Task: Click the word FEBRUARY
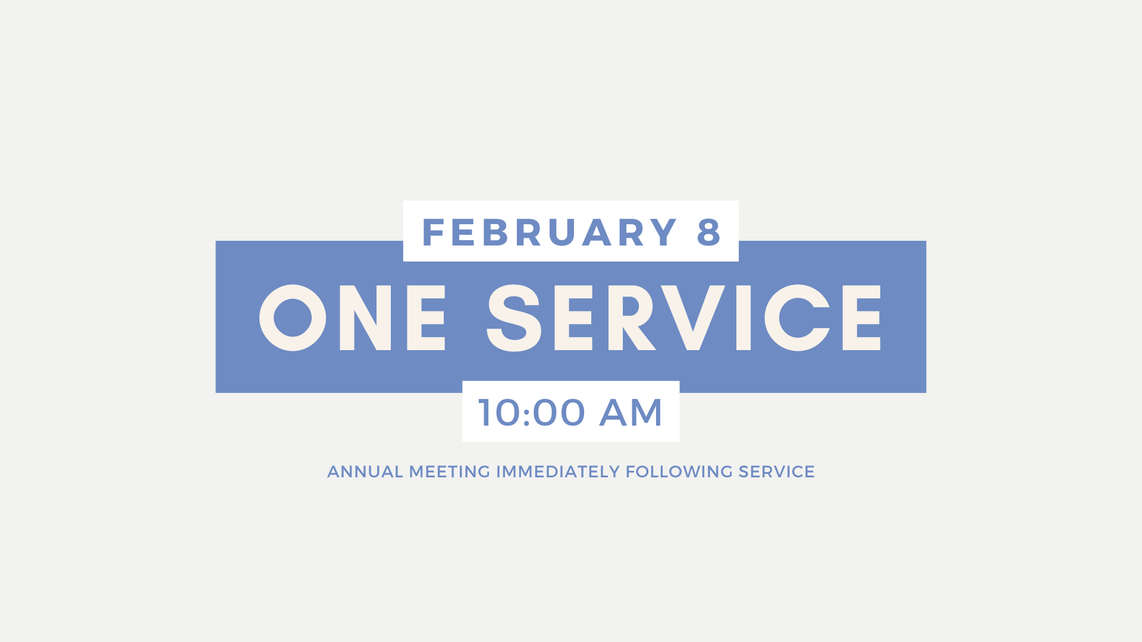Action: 550,232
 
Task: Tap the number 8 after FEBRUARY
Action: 709,232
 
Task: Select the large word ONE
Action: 352,317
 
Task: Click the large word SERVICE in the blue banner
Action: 684,317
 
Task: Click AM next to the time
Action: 630,412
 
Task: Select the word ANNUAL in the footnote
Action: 365,472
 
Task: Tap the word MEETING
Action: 450,472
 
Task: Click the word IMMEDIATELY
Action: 558,472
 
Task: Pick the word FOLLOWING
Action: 679,472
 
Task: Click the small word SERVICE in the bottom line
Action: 776,472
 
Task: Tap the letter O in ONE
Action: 293,317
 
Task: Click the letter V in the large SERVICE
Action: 693,317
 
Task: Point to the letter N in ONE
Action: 365,317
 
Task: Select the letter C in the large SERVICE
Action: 797,317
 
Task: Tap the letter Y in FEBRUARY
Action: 662,232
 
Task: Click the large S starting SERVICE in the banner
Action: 514,317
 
